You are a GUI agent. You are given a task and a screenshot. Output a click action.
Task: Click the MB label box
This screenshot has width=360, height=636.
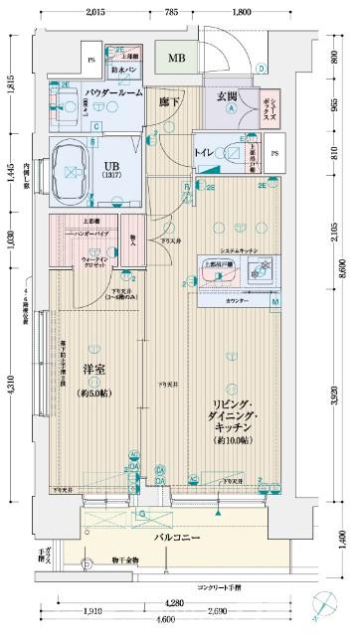click(176, 59)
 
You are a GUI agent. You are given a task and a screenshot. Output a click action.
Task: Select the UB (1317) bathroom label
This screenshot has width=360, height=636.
click(106, 171)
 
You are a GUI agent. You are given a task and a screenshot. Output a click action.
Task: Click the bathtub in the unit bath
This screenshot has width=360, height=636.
click(74, 165)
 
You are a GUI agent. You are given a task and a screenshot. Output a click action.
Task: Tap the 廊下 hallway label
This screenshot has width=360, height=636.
click(170, 99)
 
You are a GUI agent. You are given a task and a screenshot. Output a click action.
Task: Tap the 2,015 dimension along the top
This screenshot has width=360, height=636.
click(94, 12)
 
